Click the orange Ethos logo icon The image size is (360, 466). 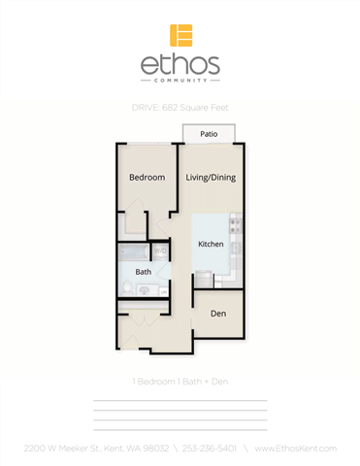tap(180, 35)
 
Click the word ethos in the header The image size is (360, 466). tap(180, 66)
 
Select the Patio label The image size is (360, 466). tap(209, 134)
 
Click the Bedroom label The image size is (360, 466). tap(147, 178)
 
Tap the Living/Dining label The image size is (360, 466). tap(211, 178)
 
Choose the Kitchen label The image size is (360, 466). tap(212, 245)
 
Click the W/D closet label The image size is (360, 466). tap(159, 251)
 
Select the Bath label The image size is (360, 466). tap(143, 272)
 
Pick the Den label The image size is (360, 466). tap(219, 313)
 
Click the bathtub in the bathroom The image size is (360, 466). tap(134, 253)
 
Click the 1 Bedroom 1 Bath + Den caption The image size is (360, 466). tap(180, 382)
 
